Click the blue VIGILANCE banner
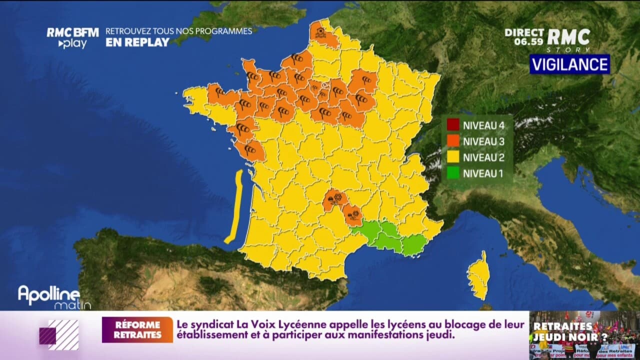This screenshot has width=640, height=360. coord(569,64)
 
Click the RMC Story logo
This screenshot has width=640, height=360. coord(568,39)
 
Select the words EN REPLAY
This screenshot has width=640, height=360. coord(137,42)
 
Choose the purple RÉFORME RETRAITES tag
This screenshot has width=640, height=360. coord(137,330)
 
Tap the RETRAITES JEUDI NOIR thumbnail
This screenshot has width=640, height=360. coord(584,335)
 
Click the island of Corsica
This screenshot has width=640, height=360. coord(478,275)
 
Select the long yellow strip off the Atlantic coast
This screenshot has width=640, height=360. coord(234,206)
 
